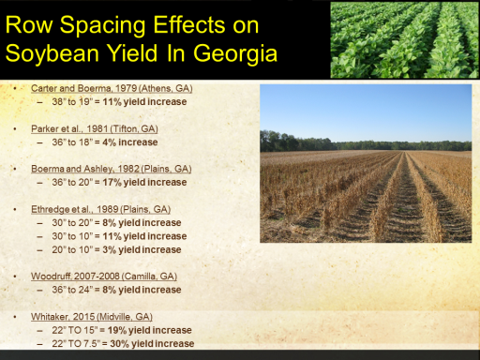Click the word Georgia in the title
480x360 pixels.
tap(235, 53)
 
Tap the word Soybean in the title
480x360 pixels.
tap(52, 53)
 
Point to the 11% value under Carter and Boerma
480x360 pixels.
tap(112, 102)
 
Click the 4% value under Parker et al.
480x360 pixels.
tap(110, 142)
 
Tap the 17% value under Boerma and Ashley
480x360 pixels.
tap(112, 182)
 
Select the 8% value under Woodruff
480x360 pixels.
tap(110, 290)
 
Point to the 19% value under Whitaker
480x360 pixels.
tap(117, 330)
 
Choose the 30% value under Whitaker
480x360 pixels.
tap(120, 343)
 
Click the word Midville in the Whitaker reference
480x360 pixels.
tap(115, 317)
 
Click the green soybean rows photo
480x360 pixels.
tap(405, 39)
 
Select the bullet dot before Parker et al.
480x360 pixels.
tap(15, 128)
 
